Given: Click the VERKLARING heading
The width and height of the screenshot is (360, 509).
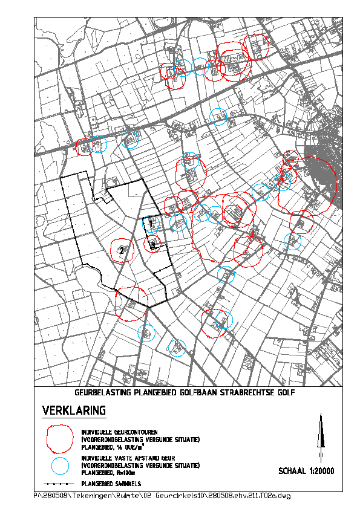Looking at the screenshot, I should pyautogui.click(x=74, y=411).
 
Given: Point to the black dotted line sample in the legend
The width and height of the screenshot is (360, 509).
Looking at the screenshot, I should pyautogui.click(x=61, y=485).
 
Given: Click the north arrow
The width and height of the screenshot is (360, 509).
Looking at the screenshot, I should pyautogui.click(x=321, y=435).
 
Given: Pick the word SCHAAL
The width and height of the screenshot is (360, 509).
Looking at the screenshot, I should pyautogui.click(x=292, y=470).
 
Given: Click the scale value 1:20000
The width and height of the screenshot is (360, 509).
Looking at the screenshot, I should pyautogui.click(x=321, y=470).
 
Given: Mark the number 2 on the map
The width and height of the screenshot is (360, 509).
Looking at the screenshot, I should pyautogui.click(x=122, y=250).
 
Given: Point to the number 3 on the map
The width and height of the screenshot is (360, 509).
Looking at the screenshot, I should pyautogui.click(x=153, y=245).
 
